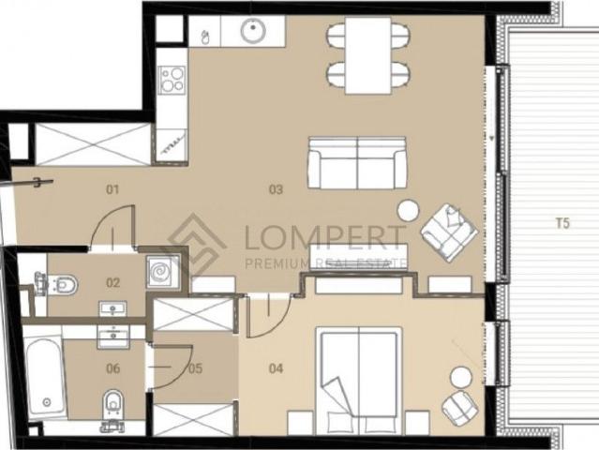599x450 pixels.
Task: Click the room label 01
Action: click(x=112, y=189)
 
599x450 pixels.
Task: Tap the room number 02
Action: click(x=113, y=283)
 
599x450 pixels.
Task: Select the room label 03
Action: click(x=276, y=189)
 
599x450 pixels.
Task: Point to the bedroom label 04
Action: click(x=276, y=368)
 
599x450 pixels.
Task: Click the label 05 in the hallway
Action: click(x=195, y=368)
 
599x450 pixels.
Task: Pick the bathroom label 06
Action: click(x=113, y=368)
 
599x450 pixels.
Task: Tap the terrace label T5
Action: click(x=562, y=223)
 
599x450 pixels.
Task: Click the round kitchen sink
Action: click(x=253, y=30)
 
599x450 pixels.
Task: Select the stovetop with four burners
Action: click(x=172, y=80)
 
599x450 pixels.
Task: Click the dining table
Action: click(x=368, y=55)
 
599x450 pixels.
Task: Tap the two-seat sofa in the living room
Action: click(x=357, y=163)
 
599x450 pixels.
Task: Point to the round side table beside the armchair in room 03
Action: click(x=409, y=211)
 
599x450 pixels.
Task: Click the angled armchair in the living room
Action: click(x=449, y=232)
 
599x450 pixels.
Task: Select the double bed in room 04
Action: click(x=358, y=381)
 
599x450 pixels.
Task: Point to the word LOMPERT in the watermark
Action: click(x=323, y=237)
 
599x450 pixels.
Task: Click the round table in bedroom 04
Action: click(x=461, y=377)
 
